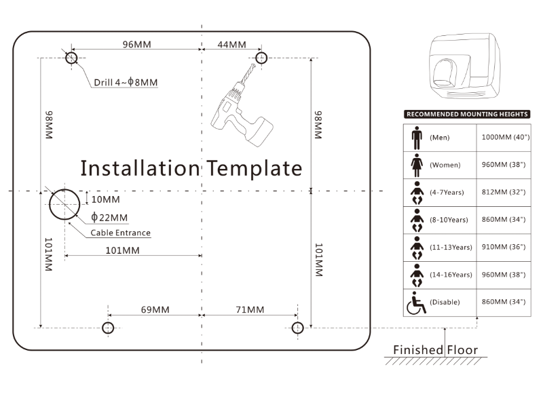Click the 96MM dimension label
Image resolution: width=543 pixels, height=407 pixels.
(x=136, y=45)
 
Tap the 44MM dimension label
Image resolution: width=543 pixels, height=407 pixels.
(x=231, y=45)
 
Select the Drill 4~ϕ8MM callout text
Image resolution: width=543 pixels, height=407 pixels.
(x=126, y=83)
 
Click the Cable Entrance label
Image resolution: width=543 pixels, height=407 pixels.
(x=121, y=233)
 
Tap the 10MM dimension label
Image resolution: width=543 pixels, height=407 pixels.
(x=105, y=199)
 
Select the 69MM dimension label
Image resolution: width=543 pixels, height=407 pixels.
(x=155, y=310)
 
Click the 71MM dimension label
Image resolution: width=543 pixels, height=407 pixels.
(x=250, y=310)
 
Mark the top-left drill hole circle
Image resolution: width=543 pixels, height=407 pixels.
(x=72, y=58)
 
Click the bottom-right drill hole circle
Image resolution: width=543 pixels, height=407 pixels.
(x=297, y=328)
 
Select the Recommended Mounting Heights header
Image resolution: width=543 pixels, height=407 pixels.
(x=466, y=115)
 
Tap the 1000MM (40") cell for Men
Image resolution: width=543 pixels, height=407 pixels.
(x=505, y=138)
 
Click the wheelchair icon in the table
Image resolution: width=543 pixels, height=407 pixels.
(x=415, y=303)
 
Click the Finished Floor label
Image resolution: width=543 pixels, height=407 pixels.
(x=435, y=350)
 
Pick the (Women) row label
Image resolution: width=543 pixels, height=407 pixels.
(x=445, y=165)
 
